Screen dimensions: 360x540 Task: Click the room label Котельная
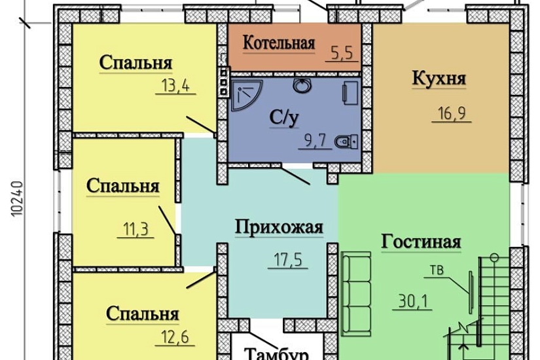tap(279, 43)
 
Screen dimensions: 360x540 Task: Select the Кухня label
tap(439, 79)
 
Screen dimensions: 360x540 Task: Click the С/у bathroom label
tap(285, 118)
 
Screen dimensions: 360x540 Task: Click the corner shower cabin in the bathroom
tap(244, 94)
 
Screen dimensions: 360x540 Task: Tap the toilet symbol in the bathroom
tap(345, 141)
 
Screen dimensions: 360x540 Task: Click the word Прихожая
tap(279, 227)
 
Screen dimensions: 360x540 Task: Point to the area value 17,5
tap(286, 260)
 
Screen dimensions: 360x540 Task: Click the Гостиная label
tap(421, 242)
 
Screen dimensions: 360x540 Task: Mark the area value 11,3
tap(134, 229)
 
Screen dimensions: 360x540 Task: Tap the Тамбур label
tap(276, 354)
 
